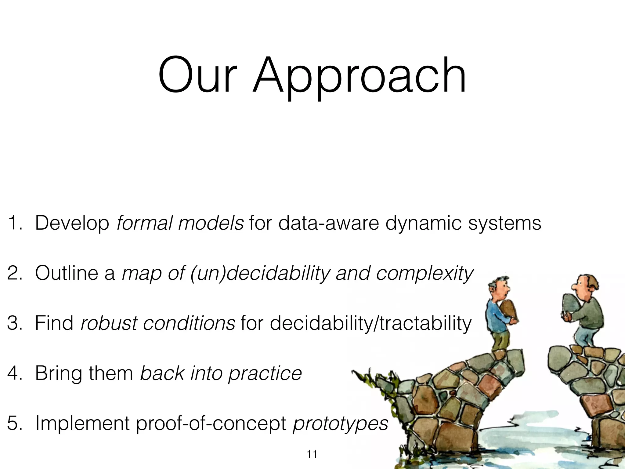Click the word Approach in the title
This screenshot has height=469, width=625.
click(x=360, y=76)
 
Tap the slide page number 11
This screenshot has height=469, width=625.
click(x=312, y=454)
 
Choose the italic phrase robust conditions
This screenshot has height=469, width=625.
click(x=158, y=323)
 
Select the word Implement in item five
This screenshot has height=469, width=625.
click(x=82, y=423)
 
